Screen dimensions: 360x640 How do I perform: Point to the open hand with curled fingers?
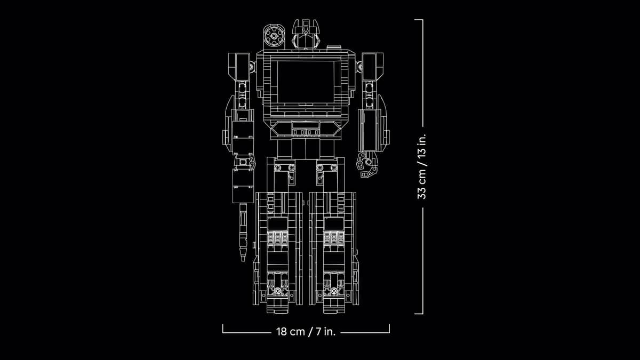pyautogui.click(x=366, y=164)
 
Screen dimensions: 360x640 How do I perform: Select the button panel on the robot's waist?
pyautogui.click(x=306, y=129)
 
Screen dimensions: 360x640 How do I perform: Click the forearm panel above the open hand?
pyautogui.click(x=370, y=128)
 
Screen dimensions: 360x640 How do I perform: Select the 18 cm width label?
pyautogui.click(x=290, y=332)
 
